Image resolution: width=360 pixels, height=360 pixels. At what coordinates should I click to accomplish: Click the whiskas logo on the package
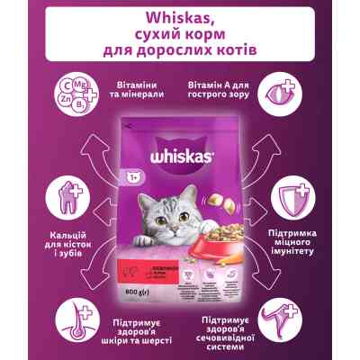pyautogui.click(x=179, y=153)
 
